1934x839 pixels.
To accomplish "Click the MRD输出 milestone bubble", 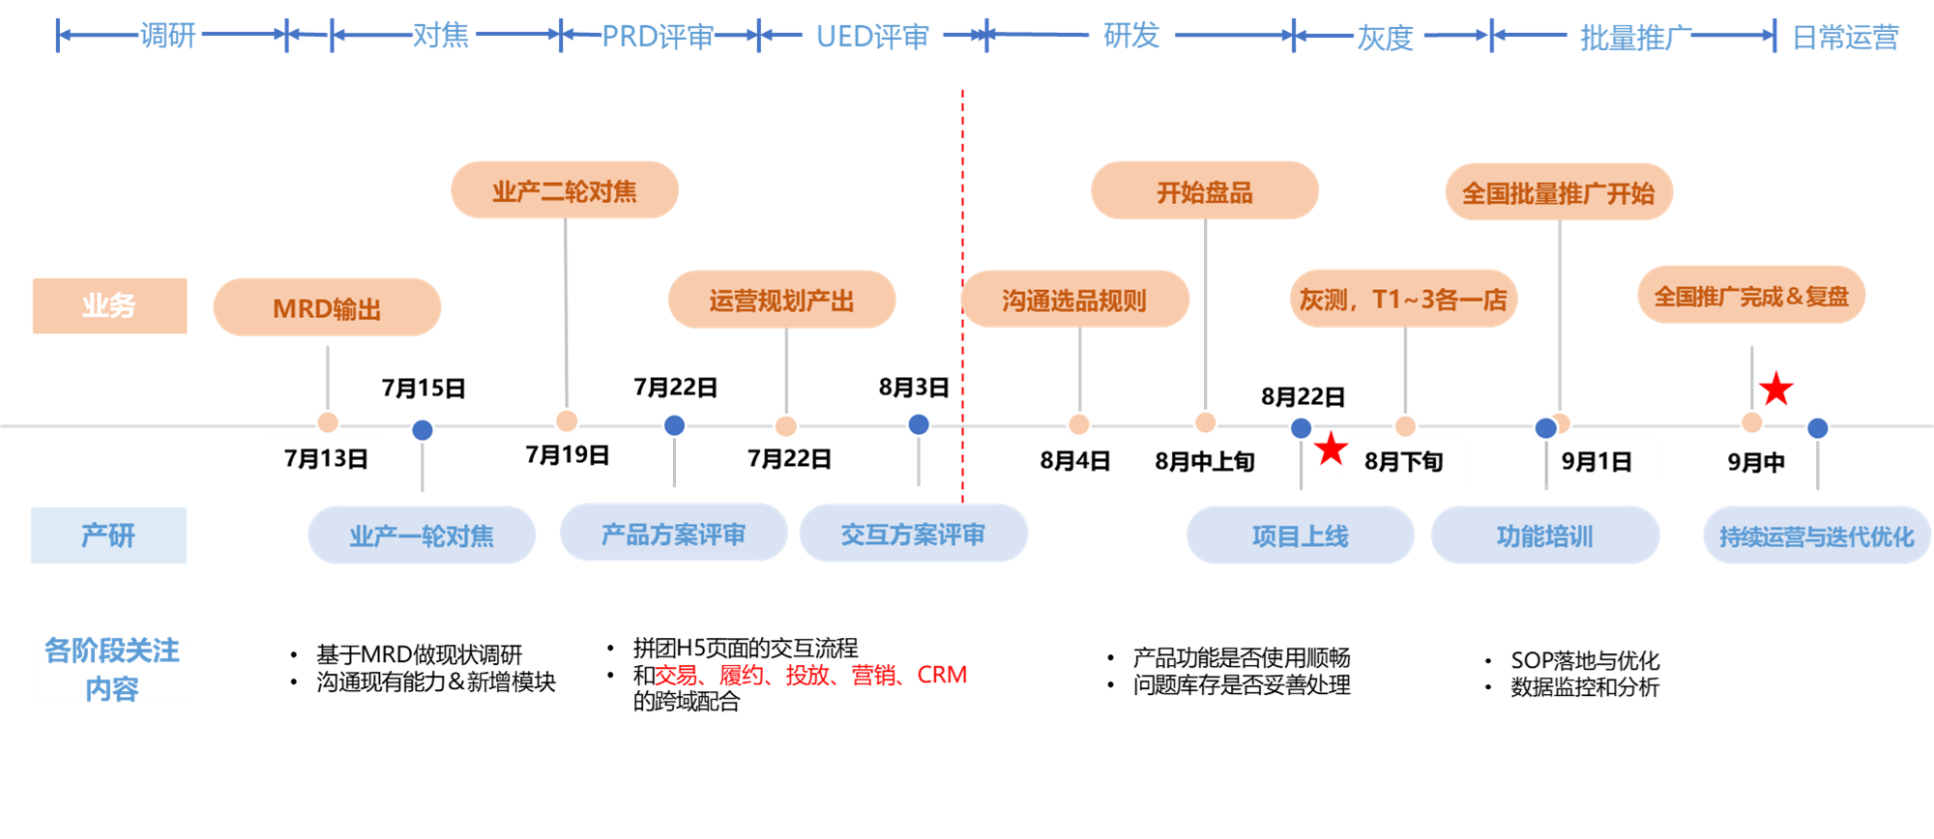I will click(x=327, y=307).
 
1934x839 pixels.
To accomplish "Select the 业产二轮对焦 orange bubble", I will click(x=565, y=190).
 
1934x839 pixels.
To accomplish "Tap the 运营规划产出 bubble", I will click(x=781, y=300).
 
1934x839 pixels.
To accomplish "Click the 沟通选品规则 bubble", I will click(x=1074, y=300).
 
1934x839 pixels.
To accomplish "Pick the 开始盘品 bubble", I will click(x=1205, y=191).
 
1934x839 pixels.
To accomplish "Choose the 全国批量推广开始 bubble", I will click(x=1559, y=192).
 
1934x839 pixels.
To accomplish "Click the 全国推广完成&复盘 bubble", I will click(x=1751, y=296).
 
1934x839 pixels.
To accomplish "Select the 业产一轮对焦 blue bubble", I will click(x=422, y=535).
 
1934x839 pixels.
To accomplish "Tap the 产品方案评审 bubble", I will click(x=674, y=534).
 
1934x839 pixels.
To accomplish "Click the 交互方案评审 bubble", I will click(x=913, y=534).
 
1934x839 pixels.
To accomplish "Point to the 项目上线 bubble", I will click(x=1301, y=535).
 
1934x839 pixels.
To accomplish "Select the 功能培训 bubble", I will click(x=1545, y=535).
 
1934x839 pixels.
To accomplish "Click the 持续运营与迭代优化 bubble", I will click(x=1817, y=535).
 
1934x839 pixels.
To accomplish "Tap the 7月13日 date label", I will click(x=326, y=458).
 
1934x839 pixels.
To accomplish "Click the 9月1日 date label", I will click(x=1597, y=461).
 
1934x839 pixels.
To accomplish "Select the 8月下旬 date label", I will click(x=1404, y=461).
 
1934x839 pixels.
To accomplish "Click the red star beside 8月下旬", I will click(x=1331, y=448).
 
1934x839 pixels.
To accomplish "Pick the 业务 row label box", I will click(x=109, y=305).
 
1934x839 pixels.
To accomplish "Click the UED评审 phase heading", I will click(x=872, y=37).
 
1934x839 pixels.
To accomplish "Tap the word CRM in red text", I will click(x=942, y=675).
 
